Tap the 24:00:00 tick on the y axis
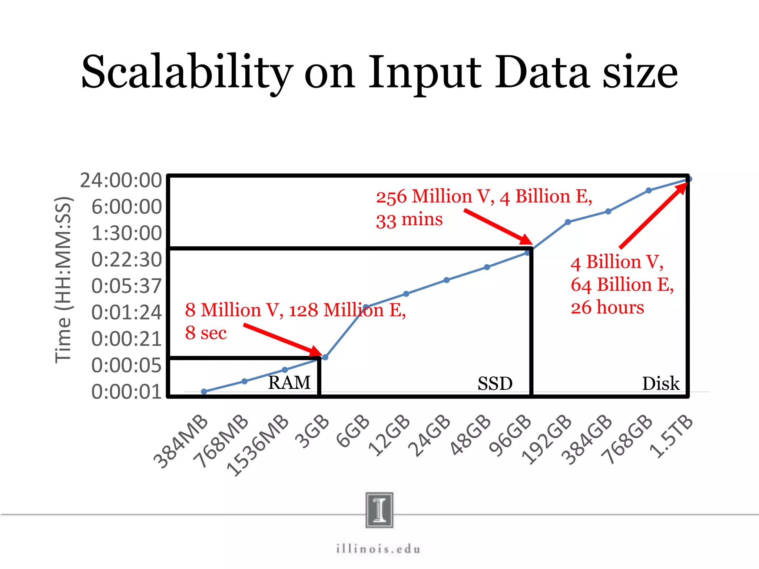(121, 181)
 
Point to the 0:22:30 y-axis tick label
(126, 260)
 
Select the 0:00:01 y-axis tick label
(126, 392)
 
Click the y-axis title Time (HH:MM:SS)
(63, 280)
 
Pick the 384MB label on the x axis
(181, 442)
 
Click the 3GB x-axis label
(312, 432)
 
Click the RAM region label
(289, 383)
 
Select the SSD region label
(495, 384)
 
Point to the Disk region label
(660, 384)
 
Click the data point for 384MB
(204, 392)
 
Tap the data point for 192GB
(568, 222)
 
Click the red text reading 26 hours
(607, 308)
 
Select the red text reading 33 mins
(409, 219)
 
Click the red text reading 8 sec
(206, 333)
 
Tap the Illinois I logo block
(379, 510)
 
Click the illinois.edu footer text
(378, 549)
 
